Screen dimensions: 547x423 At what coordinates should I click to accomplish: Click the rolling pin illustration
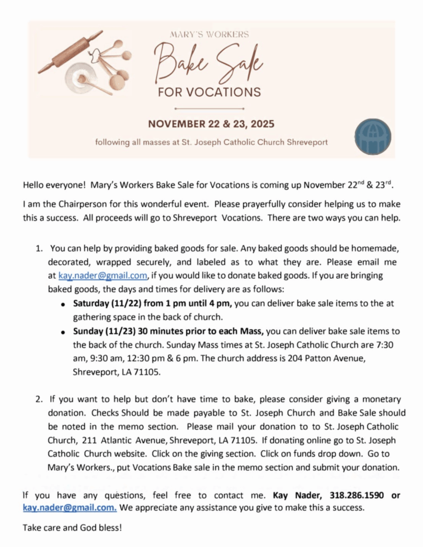(x=70, y=52)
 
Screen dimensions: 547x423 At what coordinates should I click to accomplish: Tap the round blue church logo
(x=373, y=137)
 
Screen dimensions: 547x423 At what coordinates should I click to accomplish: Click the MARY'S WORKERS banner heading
(x=209, y=35)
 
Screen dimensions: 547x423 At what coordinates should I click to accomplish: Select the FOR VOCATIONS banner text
(x=209, y=91)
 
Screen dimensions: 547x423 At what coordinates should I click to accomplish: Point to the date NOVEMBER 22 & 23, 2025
(x=211, y=124)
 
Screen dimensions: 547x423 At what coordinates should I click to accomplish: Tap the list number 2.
(x=39, y=399)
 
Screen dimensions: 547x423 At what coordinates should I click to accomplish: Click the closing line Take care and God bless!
(x=72, y=528)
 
